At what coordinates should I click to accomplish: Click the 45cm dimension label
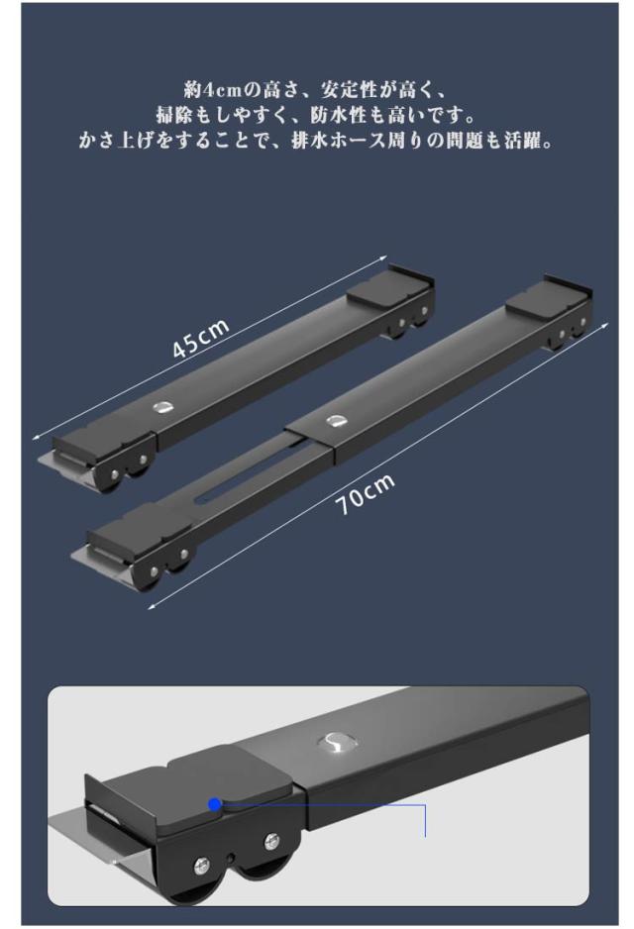pyautogui.click(x=200, y=339)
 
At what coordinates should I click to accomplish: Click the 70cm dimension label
pyautogui.click(x=365, y=493)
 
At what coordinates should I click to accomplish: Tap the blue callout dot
pyautogui.click(x=215, y=804)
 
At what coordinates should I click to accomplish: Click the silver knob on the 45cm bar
pyautogui.click(x=161, y=408)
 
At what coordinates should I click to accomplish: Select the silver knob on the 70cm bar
pyautogui.click(x=336, y=421)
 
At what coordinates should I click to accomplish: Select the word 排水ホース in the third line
pyautogui.click(x=345, y=142)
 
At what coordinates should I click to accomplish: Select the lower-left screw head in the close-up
pyautogui.click(x=201, y=867)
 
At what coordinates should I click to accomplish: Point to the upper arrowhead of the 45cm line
pyautogui.click(x=382, y=258)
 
